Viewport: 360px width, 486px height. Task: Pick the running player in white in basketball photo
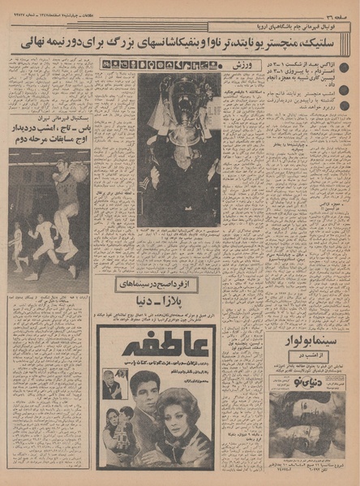[x=42, y=235]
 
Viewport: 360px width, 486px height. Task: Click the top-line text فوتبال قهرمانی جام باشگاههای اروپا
[x=308, y=24]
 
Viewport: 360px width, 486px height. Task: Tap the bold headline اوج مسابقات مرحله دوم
[x=49, y=139]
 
